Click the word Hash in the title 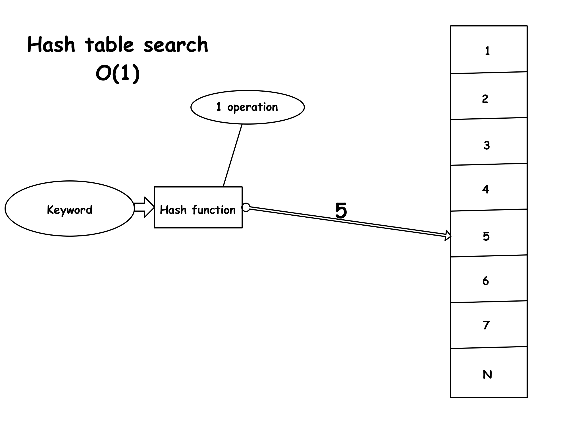tap(51, 45)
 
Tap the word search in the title tap(176, 45)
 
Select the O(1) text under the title tap(118, 74)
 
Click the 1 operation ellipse tap(247, 107)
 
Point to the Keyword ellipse tap(69, 209)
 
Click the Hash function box tap(198, 208)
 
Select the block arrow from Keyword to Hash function tap(144, 207)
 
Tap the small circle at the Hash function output tap(246, 207)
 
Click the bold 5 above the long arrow tap(341, 211)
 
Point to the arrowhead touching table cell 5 tap(448, 236)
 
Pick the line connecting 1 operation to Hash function tap(232, 156)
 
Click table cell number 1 tap(489, 50)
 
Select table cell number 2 tap(489, 97)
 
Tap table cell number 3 tap(489, 142)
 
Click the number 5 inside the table tap(486, 236)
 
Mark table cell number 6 tap(489, 280)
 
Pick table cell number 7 tap(489, 325)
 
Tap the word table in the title tap(109, 45)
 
